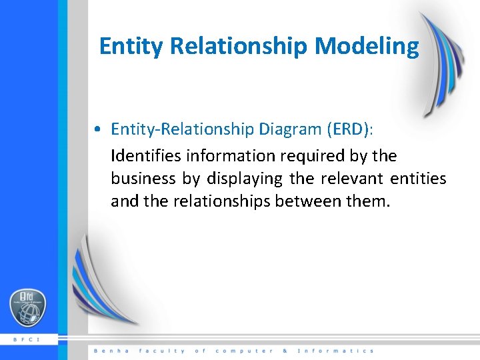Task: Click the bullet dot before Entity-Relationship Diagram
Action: point(98,129)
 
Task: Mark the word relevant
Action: point(352,179)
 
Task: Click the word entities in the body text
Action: point(419,179)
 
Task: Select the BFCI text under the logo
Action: point(27,339)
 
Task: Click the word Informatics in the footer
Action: point(335,351)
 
